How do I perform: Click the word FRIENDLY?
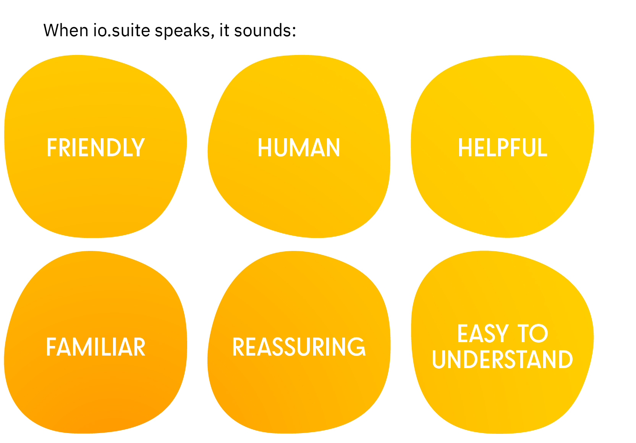point(95,148)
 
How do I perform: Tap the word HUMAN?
point(299,148)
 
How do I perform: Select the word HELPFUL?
point(502,148)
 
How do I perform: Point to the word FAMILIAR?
point(95,347)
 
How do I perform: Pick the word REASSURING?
point(299,347)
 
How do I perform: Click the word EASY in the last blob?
point(483,334)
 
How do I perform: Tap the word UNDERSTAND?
point(502,360)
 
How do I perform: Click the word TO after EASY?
point(532,334)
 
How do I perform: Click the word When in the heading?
point(66,31)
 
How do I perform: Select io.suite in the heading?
point(121,31)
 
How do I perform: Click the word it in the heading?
point(224,31)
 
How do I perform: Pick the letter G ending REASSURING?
point(357,347)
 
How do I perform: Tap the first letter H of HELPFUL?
point(465,148)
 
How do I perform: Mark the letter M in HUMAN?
point(299,148)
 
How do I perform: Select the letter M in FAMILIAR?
point(83,347)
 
